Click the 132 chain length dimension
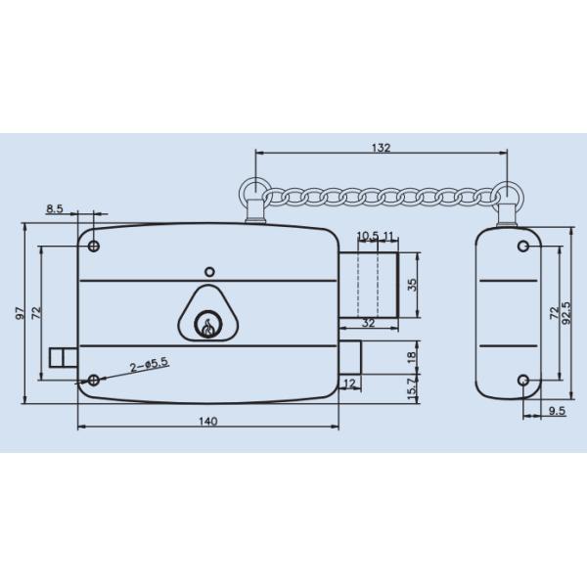coord(381,148)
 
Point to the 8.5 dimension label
coord(55,208)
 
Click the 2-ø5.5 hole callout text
coord(149,363)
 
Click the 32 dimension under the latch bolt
coord(368,322)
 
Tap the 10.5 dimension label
coord(367,237)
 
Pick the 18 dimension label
coord(411,358)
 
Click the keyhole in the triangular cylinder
coord(207,323)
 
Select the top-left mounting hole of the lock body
coord(94,245)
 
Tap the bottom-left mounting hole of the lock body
coord(94,380)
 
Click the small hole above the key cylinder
coord(207,271)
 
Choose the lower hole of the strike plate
coord(523,381)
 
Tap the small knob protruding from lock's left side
coord(62,355)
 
